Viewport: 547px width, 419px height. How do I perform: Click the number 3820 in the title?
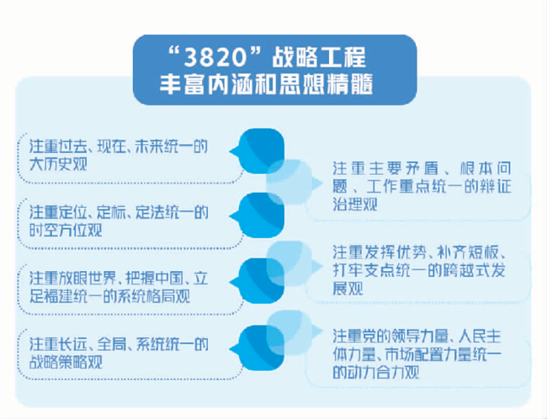215,57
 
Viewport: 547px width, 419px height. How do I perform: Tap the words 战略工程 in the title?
319,57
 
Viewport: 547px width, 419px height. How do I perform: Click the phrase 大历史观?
58,164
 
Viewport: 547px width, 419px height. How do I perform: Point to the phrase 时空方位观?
66,231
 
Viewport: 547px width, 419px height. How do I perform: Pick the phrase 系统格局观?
154,297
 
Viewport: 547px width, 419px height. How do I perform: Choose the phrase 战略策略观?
66,362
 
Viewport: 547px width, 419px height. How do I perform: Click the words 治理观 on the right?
355,204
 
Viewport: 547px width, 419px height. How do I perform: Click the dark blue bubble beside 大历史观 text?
258,151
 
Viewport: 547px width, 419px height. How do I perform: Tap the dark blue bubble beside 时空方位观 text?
258,215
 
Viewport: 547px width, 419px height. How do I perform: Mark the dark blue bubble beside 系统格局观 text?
258,281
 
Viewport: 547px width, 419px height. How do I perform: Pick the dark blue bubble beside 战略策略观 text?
258,347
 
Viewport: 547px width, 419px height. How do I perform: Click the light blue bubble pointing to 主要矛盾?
293,182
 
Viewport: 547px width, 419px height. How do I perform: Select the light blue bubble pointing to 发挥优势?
293,264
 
